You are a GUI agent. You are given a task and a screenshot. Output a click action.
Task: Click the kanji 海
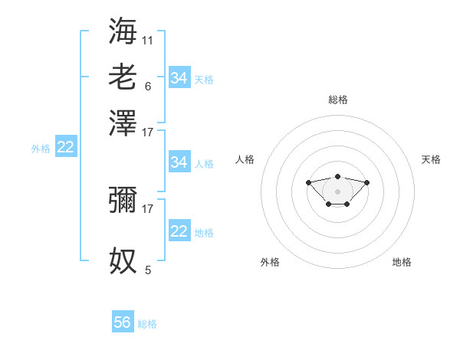pos(123,30)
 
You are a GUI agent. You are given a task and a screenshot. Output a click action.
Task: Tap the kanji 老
pos(123,77)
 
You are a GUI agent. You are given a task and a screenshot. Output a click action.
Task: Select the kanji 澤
pos(123,123)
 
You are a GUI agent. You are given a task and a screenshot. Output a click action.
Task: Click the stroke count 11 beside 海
pos(147,39)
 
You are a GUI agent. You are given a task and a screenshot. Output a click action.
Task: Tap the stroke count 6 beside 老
pos(147,86)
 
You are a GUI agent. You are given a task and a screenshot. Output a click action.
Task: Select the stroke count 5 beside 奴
pos(147,270)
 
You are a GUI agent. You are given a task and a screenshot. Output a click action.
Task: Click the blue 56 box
pos(123,322)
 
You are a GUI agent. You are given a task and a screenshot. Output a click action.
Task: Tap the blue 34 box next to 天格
pos(179,77)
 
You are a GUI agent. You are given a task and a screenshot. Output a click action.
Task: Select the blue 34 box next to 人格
pos(179,162)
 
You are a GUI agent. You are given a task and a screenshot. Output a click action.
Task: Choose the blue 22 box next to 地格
pos(179,231)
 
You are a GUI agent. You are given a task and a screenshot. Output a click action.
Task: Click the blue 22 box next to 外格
pos(66,148)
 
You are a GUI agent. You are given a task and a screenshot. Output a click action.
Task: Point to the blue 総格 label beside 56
pos(147,324)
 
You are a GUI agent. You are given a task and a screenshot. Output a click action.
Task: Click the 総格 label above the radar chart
pos(337,100)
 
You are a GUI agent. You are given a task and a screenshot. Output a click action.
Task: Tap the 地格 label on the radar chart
pos(402,262)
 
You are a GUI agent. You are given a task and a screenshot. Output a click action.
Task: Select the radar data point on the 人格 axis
pos(308,182)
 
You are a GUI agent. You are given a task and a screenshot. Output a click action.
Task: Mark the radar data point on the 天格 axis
pos(366,182)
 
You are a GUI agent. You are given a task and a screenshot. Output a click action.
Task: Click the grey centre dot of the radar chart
pos(337,191)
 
